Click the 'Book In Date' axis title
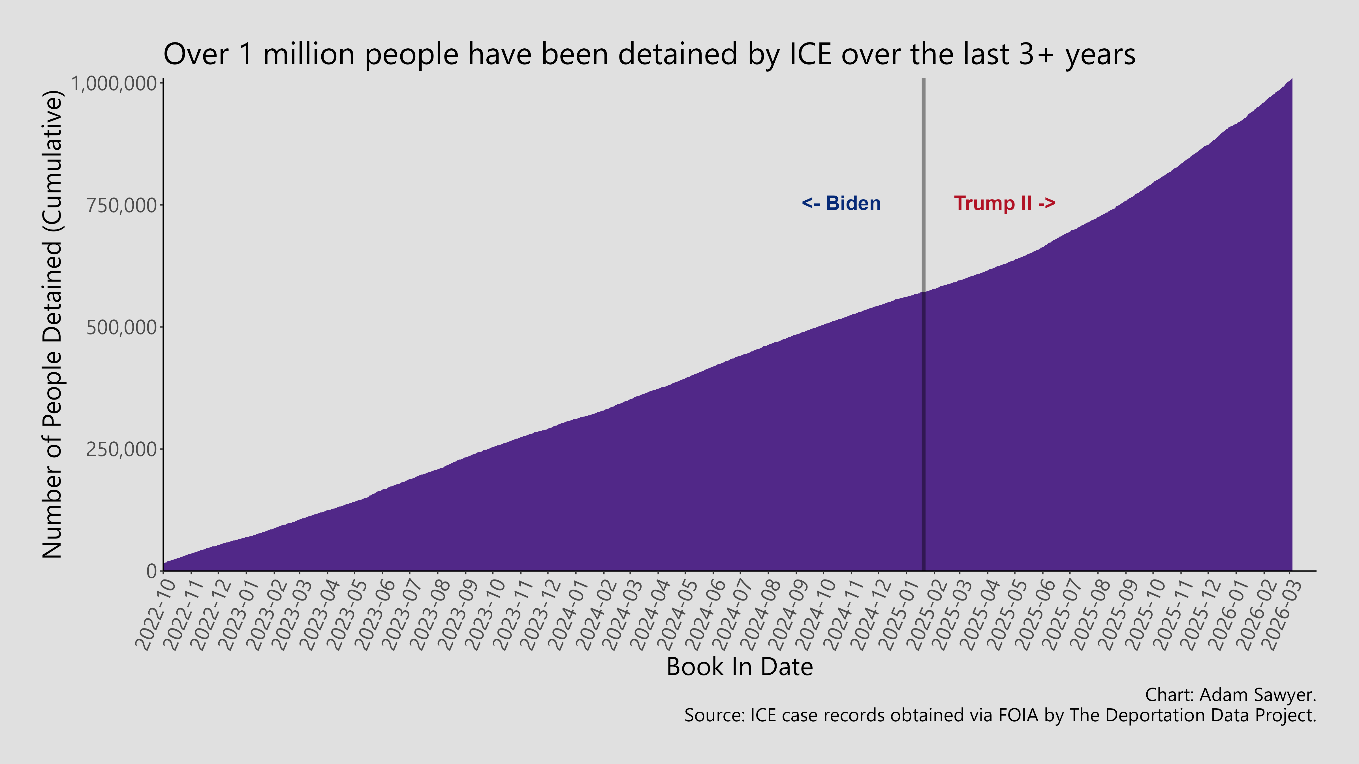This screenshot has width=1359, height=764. point(740,667)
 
